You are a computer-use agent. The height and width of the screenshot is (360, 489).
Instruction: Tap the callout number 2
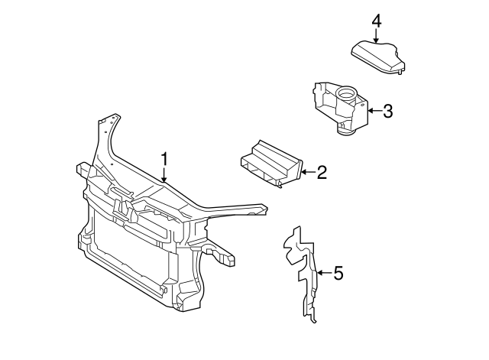pos(322,172)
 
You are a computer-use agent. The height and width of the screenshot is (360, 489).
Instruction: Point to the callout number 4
pos(376,20)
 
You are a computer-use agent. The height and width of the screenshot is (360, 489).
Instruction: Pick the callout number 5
pos(338,272)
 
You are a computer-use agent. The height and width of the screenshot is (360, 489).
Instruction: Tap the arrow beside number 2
pos(306,173)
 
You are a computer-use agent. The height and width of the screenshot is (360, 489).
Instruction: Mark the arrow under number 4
pos(376,36)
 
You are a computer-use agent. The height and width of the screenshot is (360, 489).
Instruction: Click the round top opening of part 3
pos(347,96)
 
